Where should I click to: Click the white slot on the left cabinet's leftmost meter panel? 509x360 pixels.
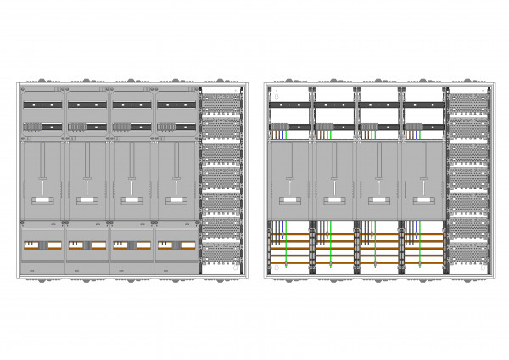click(x=42, y=200)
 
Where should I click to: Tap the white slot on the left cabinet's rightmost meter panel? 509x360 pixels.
click(x=176, y=200)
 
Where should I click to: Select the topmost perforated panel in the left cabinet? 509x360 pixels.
click(x=221, y=102)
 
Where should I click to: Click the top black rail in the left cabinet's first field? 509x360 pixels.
click(x=42, y=104)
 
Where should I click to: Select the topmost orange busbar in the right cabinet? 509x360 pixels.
click(x=356, y=233)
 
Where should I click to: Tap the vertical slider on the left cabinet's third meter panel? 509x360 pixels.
click(x=131, y=178)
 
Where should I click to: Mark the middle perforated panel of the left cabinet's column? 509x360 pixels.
click(x=221, y=177)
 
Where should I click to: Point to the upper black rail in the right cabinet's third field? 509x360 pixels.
click(x=378, y=104)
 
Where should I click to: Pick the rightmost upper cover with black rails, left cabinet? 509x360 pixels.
click(x=176, y=110)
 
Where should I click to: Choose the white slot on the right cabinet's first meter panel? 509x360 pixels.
click(x=289, y=200)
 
